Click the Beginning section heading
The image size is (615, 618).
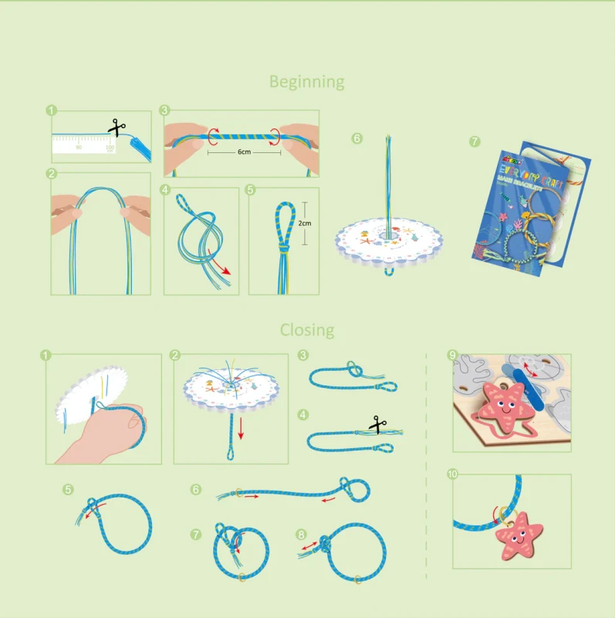tap(306, 82)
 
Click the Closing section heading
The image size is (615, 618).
tap(307, 331)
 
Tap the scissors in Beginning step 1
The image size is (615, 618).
tap(117, 127)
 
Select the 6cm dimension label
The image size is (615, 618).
tap(244, 153)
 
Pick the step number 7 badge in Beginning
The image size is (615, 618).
tap(474, 141)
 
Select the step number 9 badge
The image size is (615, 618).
tap(453, 355)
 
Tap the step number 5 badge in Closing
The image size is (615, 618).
tap(69, 489)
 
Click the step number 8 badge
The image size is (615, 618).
tap(302, 534)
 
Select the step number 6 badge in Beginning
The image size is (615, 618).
tap(356, 138)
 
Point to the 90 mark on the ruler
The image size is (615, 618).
tap(79, 146)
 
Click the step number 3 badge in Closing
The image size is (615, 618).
tap(302, 355)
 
